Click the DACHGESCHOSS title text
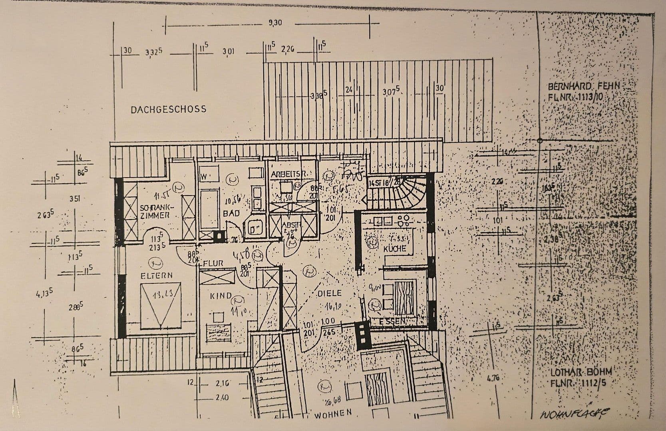168,109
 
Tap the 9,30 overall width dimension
275,23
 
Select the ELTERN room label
156,275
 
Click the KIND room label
221,296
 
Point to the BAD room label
231,214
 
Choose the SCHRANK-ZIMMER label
156,211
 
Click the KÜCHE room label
394,248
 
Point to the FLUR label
213,263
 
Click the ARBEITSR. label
288,174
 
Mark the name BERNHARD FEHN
583,86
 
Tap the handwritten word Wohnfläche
575,415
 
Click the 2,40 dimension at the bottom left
222,397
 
